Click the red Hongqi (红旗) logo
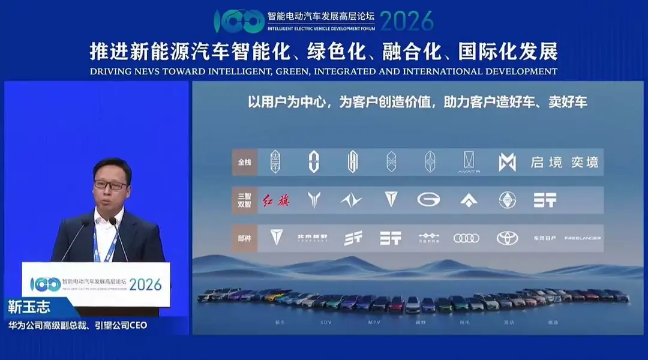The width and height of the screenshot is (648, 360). tap(276, 200)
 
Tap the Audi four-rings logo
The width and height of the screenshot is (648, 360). tap(466, 238)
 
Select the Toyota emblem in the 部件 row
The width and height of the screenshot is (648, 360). tap(507, 238)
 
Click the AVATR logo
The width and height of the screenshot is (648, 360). tap(469, 162)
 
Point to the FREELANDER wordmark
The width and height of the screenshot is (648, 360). tap(582, 238)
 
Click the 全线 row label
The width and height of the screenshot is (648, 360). tap(245, 163)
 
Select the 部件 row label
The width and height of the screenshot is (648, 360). tap(245, 238)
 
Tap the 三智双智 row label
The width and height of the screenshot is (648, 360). tap(245, 200)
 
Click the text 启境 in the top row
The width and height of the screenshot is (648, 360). tap(545, 163)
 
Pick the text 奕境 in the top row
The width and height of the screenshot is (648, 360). tap(584, 163)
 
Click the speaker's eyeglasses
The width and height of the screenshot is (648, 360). tap(110, 185)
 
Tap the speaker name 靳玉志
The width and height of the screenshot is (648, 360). tap(29, 308)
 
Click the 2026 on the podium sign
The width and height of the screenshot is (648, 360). tap(145, 284)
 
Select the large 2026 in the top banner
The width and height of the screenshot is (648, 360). tap(406, 21)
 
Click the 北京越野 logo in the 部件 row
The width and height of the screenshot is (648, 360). tap(313, 238)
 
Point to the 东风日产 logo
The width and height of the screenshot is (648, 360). tap(544, 238)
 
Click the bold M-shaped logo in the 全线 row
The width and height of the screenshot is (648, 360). tap(507, 162)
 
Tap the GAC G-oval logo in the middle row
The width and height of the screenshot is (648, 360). tap(428, 200)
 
